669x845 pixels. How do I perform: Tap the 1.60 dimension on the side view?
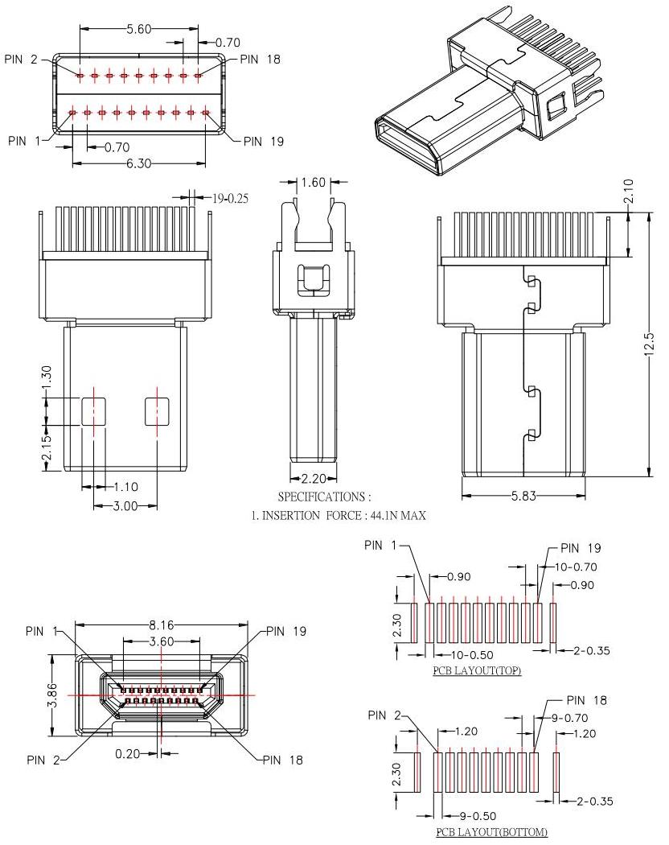314,183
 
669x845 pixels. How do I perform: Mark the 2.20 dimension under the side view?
314,478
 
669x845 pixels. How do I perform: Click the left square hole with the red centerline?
93,411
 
